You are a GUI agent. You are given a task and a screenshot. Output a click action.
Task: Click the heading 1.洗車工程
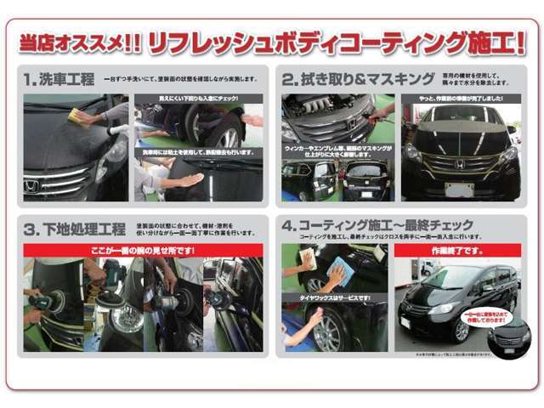point(59,81)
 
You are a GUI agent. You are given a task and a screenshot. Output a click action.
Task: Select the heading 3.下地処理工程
point(69,230)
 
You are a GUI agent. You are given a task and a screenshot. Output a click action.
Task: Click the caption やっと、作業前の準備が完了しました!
point(460,100)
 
